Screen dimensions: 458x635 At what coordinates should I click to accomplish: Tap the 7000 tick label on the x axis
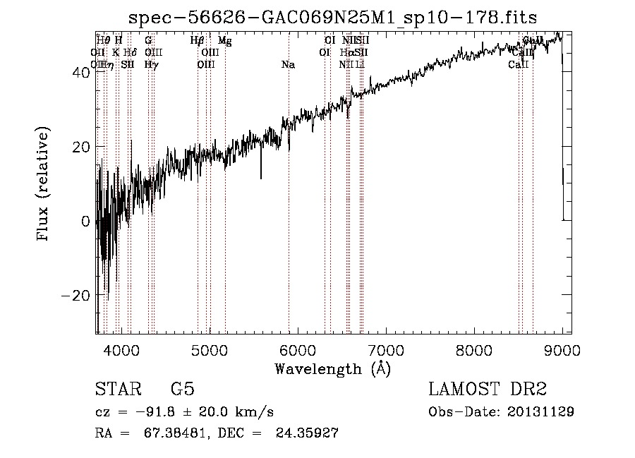pyautogui.click(x=386, y=350)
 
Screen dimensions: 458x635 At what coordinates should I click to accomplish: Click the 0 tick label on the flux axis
pyautogui.click(x=85, y=221)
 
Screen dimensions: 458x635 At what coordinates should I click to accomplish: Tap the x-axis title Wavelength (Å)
pyautogui.click(x=332, y=368)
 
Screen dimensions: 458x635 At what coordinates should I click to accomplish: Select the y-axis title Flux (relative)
pyautogui.click(x=44, y=185)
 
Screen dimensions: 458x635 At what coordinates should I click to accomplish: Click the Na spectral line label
pyautogui.click(x=288, y=65)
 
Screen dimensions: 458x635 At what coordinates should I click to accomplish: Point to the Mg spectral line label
pyautogui.click(x=224, y=41)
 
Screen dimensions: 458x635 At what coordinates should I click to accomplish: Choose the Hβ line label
pyautogui.click(x=198, y=41)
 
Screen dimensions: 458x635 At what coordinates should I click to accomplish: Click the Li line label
pyautogui.click(x=360, y=65)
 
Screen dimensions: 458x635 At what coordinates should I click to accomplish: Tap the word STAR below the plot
pyautogui.click(x=117, y=390)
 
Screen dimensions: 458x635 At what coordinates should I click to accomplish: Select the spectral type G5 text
pyautogui.click(x=182, y=390)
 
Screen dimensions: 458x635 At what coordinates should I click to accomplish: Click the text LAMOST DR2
pyautogui.click(x=488, y=390)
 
